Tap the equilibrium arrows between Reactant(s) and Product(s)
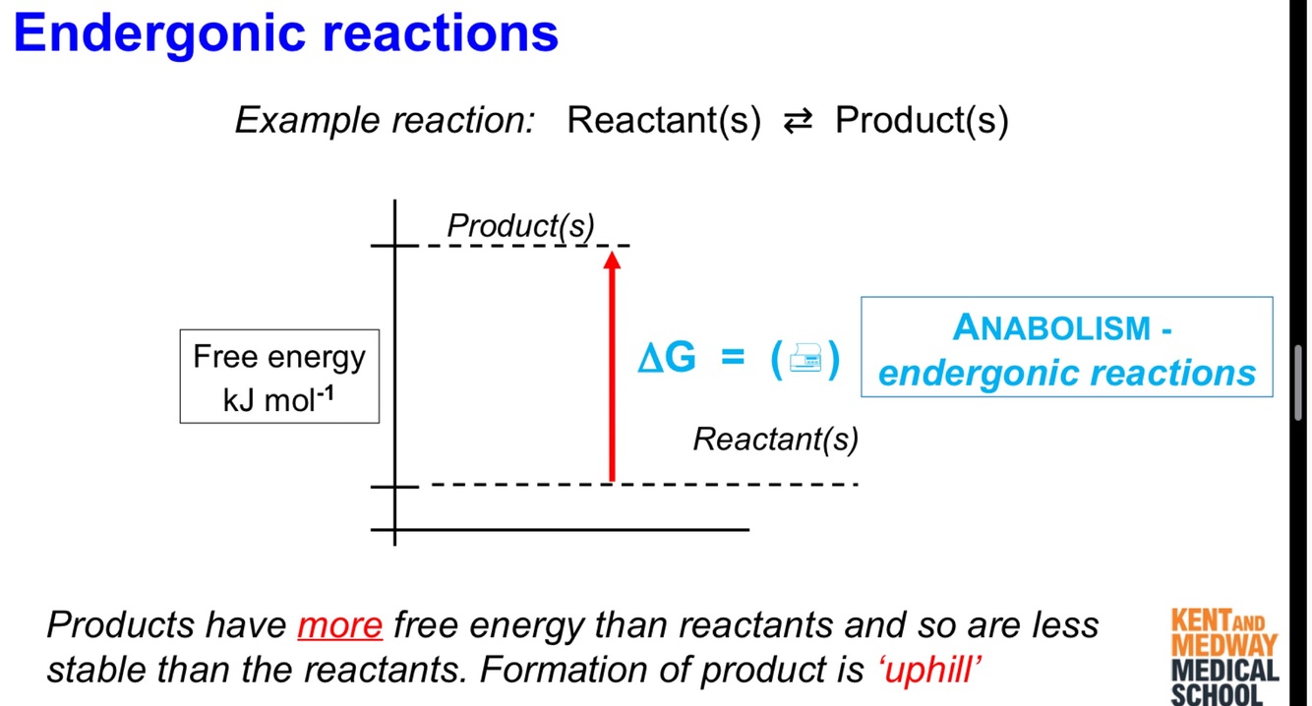click(x=797, y=121)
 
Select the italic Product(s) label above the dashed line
click(x=520, y=225)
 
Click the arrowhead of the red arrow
click(x=612, y=260)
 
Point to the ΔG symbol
click(x=667, y=359)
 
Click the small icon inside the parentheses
click(x=806, y=360)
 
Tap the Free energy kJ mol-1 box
click(x=279, y=377)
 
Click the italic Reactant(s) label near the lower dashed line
click(x=775, y=440)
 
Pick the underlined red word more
click(x=339, y=625)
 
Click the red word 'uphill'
click(x=929, y=670)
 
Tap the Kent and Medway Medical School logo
click(x=1224, y=657)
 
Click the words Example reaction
click(x=385, y=121)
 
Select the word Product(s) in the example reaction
click(x=922, y=121)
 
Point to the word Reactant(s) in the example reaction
click(x=664, y=121)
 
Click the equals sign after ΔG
click(x=733, y=359)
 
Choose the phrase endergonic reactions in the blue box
click(x=1067, y=373)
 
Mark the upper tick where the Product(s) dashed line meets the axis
click(x=394, y=245)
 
